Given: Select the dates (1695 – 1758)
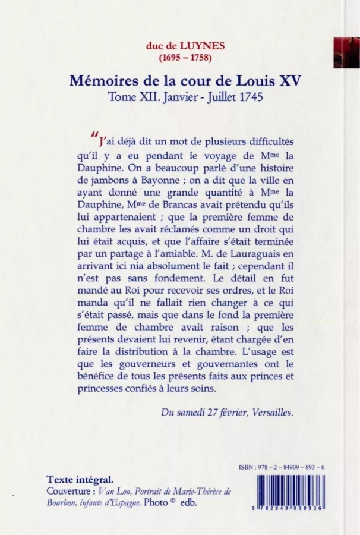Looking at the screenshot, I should coord(179,57).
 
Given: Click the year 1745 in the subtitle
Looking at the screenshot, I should coord(245,97).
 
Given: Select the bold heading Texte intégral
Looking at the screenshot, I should coord(80,479).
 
